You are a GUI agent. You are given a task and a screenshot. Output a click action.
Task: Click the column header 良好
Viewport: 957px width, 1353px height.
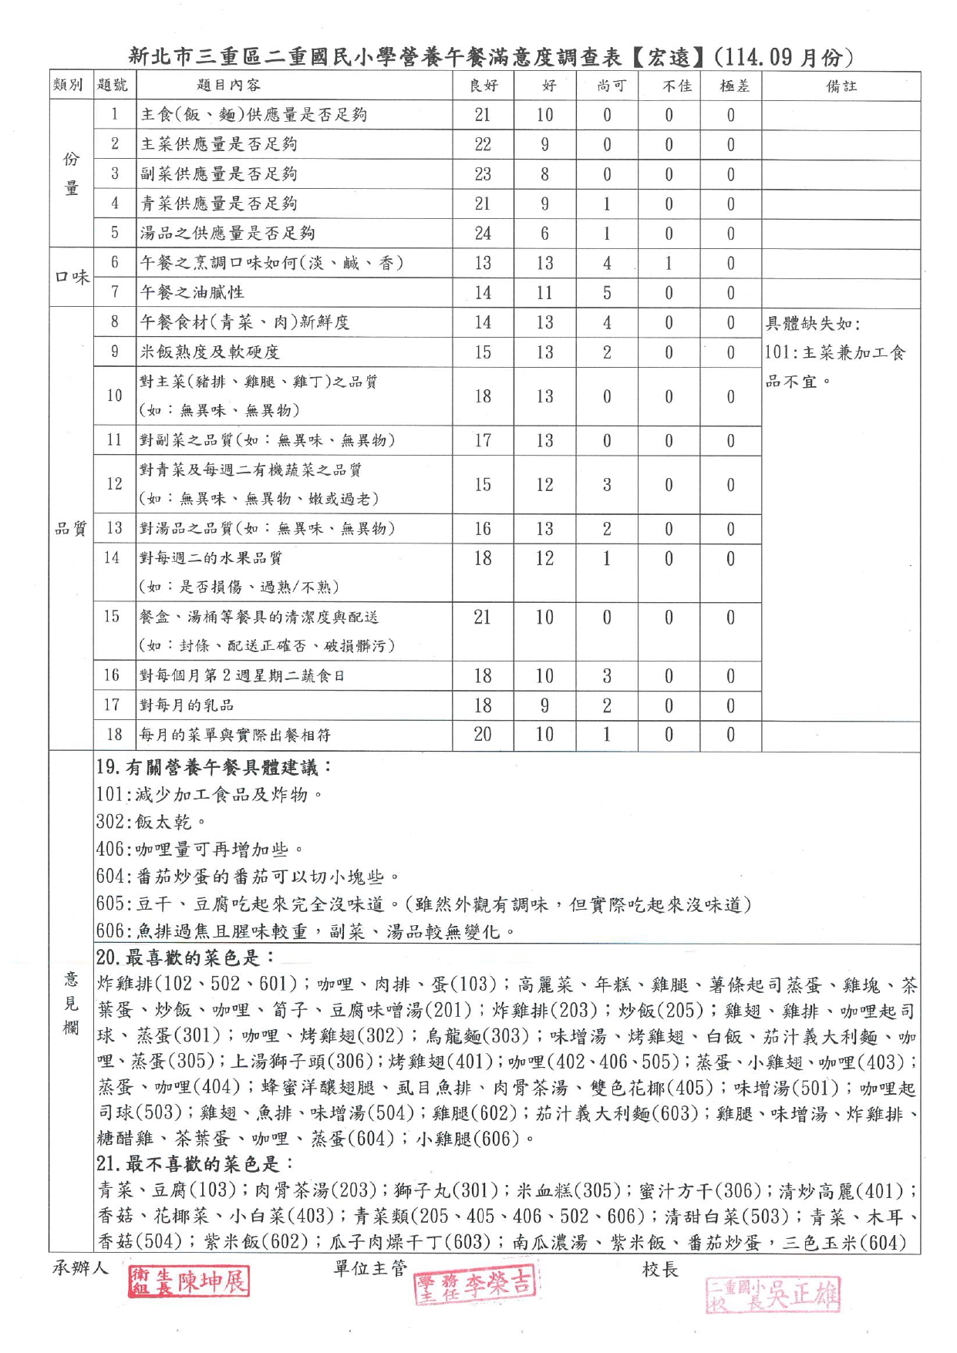click(x=484, y=86)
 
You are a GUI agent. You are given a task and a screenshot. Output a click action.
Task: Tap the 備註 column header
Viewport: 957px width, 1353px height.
click(x=841, y=86)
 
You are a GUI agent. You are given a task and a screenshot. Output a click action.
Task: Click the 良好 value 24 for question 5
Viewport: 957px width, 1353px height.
click(x=483, y=233)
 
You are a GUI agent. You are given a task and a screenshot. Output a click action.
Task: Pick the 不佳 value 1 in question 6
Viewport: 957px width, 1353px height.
click(x=669, y=263)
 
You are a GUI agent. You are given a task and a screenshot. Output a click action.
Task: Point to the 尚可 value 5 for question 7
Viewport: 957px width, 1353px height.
click(x=607, y=292)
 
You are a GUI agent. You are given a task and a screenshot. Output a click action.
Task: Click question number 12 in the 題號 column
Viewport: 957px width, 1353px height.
click(x=114, y=484)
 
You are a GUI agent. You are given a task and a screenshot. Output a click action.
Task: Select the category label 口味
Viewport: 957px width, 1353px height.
click(x=72, y=278)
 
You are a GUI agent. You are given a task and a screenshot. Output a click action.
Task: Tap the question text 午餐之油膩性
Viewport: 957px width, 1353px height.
click(x=192, y=292)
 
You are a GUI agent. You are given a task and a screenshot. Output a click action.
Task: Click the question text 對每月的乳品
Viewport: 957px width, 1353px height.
click(x=187, y=705)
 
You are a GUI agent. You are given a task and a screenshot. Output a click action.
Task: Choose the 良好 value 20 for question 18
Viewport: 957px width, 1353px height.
click(x=483, y=735)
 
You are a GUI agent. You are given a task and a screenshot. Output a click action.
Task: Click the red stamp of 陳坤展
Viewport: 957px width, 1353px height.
click(x=189, y=1282)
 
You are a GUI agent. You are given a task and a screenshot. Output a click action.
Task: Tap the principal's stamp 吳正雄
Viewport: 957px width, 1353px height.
click(x=772, y=1294)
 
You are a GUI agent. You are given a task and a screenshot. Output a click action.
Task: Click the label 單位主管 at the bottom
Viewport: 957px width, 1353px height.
click(x=370, y=1268)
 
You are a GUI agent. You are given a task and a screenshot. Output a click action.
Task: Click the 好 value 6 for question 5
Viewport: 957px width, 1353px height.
click(x=544, y=233)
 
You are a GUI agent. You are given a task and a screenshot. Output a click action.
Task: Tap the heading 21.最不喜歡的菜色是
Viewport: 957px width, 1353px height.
click(x=194, y=1163)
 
